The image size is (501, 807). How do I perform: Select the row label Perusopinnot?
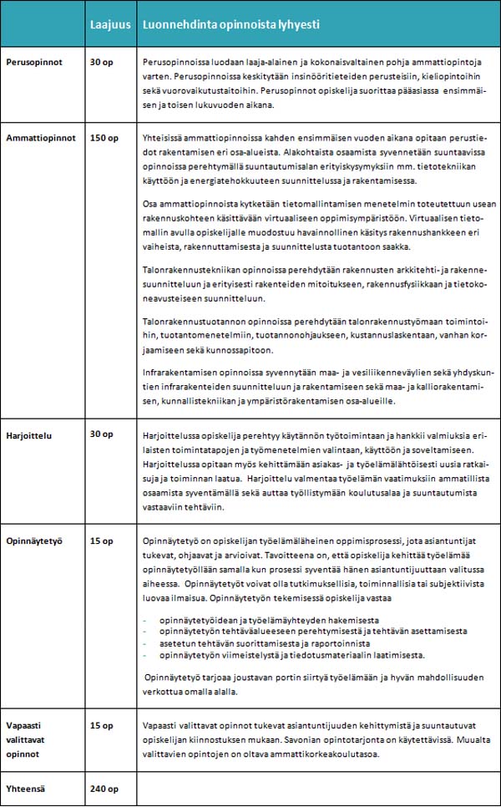[x=34, y=63]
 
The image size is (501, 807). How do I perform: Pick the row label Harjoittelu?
[x=30, y=434]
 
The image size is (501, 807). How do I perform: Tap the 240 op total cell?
[x=104, y=789]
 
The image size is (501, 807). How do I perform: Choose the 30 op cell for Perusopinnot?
[x=101, y=63]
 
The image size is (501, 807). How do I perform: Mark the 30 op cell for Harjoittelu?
[x=101, y=434]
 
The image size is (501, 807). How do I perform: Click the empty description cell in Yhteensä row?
[x=317, y=789]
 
